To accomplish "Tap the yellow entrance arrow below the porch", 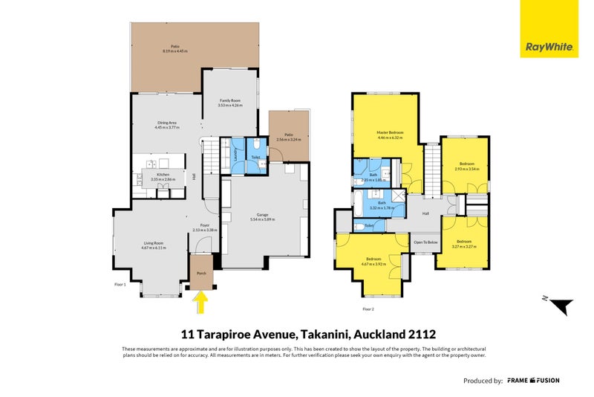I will (x=200, y=301).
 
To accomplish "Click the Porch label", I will (x=200, y=274).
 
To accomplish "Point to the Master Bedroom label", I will (x=389, y=135).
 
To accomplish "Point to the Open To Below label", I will (x=425, y=242).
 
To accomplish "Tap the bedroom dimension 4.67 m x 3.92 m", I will (x=371, y=262).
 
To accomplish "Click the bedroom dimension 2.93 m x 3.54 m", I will (x=467, y=169).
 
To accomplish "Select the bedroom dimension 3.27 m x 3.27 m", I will (x=466, y=246).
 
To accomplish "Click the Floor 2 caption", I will (x=368, y=309).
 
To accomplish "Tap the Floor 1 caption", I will (x=120, y=285).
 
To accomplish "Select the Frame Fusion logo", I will (x=533, y=380).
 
